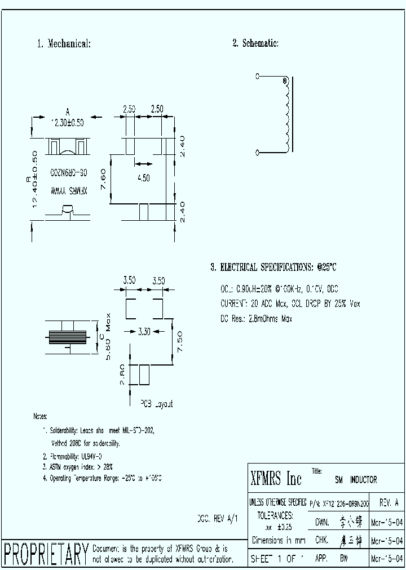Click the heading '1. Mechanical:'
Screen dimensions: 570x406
pos(64,43)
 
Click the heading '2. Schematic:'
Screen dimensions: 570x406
pos(255,43)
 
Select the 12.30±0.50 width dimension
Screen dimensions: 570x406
pos(67,123)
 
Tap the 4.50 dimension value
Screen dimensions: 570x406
pos(143,178)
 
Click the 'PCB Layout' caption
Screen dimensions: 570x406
pos(156,404)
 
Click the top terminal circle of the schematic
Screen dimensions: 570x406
pos(258,77)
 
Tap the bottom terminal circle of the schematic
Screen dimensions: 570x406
pos(258,152)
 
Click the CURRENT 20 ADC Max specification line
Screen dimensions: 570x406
pos(290,304)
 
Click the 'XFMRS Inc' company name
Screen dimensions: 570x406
pos(276,479)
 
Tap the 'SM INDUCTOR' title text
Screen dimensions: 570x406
pos(356,480)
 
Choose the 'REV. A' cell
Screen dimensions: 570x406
pos(389,502)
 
